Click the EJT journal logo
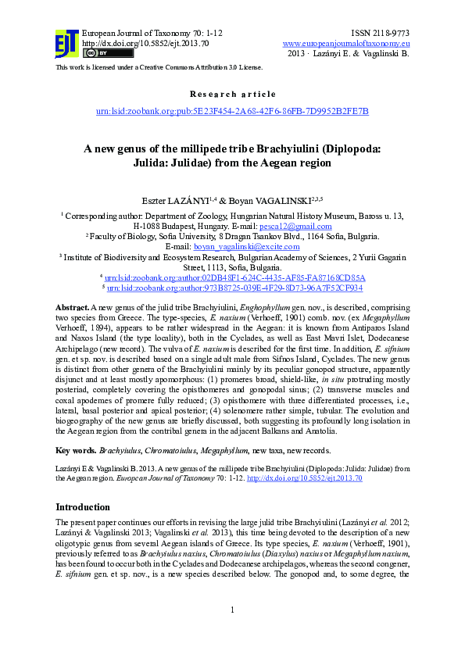pyautogui.click(x=67, y=44)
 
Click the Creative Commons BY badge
pyautogui.click(x=96, y=53)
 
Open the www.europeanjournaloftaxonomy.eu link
pyautogui.click(x=346, y=43)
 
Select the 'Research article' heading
pyautogui.click(x=232, y=94)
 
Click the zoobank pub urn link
pyautogui.click(x=232, y=112)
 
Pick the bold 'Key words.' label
pyautogui.click(x=76, y=450)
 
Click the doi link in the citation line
pyautogui.click(x=304, y=477)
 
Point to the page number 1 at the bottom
pyautogui.click(x=232, y=631)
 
